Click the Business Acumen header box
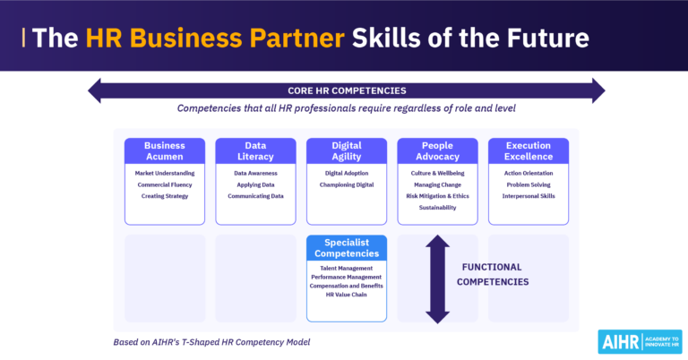164,150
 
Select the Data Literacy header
255,150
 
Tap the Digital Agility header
347,150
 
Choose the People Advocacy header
437,150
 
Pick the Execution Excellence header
529,150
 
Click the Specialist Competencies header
347,247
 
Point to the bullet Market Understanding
165,173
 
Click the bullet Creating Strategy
165,196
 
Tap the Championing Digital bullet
347,184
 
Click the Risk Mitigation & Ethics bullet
437,196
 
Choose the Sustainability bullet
437,208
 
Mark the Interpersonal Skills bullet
529,196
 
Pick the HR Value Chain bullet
347,296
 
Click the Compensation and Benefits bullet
347,287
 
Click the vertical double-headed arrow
437,279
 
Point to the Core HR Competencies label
347,90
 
